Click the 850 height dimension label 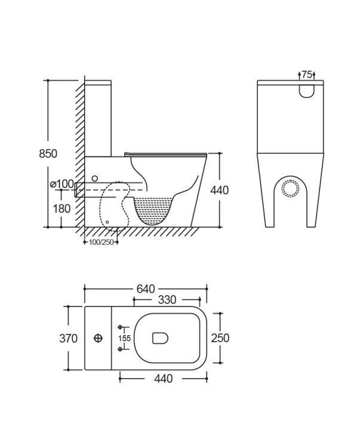coord(48,154)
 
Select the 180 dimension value coord(61,208)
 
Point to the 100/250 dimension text coord(100,242)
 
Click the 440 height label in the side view coord(220,190)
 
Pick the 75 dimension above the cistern coord(307,75)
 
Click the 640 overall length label coord(146,289)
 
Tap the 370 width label coord(69,339)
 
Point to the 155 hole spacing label coord(124,339)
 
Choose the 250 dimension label coord(220,338)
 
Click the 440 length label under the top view coord(164,379)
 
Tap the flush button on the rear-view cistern coord(307,90)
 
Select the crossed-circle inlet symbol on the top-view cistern coord(99,338)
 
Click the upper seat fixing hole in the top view coord(121,327)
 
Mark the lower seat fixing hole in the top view coord(121,350)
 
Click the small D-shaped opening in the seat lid coord(160,339)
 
